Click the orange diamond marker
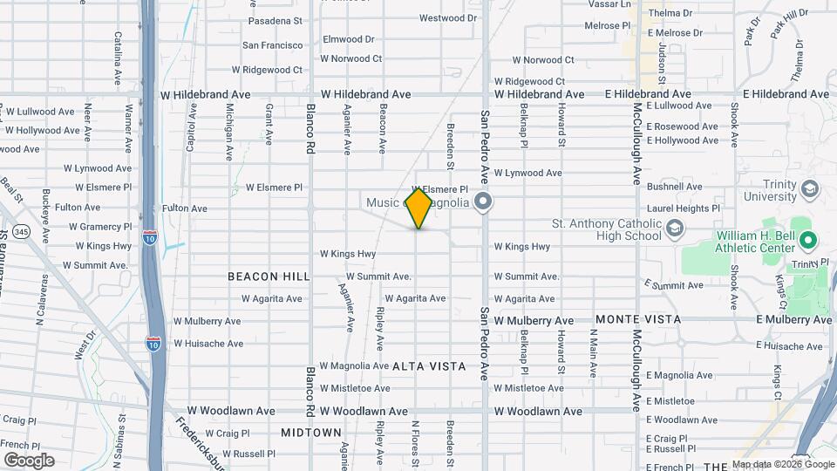coord(418,208)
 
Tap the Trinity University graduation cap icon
coord(810,189)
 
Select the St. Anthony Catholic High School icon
coord(674,229)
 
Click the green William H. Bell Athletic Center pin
coord(807,240)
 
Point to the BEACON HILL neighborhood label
coord(269,276)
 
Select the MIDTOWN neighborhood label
coord(311,433)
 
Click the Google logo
coord(29,460)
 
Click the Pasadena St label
coord(275,20)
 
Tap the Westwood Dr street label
coord(448,17)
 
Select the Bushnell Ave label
coord(674,187)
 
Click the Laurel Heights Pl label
coord(684,208)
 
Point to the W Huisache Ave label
coord(208,344)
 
